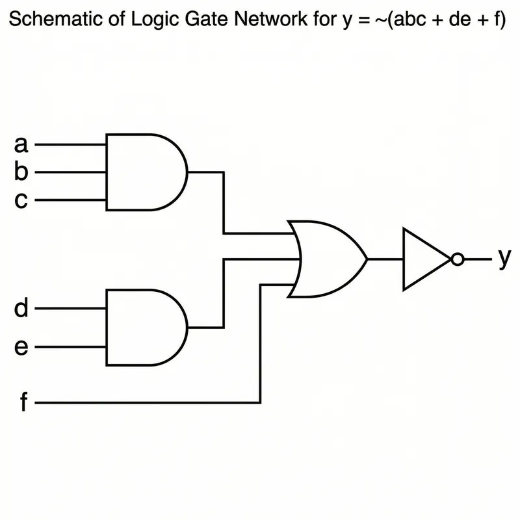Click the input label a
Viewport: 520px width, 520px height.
click(x=21, y=144)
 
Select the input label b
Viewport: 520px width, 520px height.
click(x=21, y=172)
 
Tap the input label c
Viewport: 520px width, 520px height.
click(x=21, y=201)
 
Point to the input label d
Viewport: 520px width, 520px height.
click(x=21, y=308)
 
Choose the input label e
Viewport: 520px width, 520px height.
click(x=21, y=348)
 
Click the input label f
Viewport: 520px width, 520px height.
click(x=23, y=403)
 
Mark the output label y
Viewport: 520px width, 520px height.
click(x=504, y=259)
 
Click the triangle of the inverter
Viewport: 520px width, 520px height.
click(x=422, y=259)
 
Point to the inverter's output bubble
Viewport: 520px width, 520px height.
click(x=457, y=259)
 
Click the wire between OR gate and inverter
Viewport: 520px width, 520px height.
click(x=385, y=259)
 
